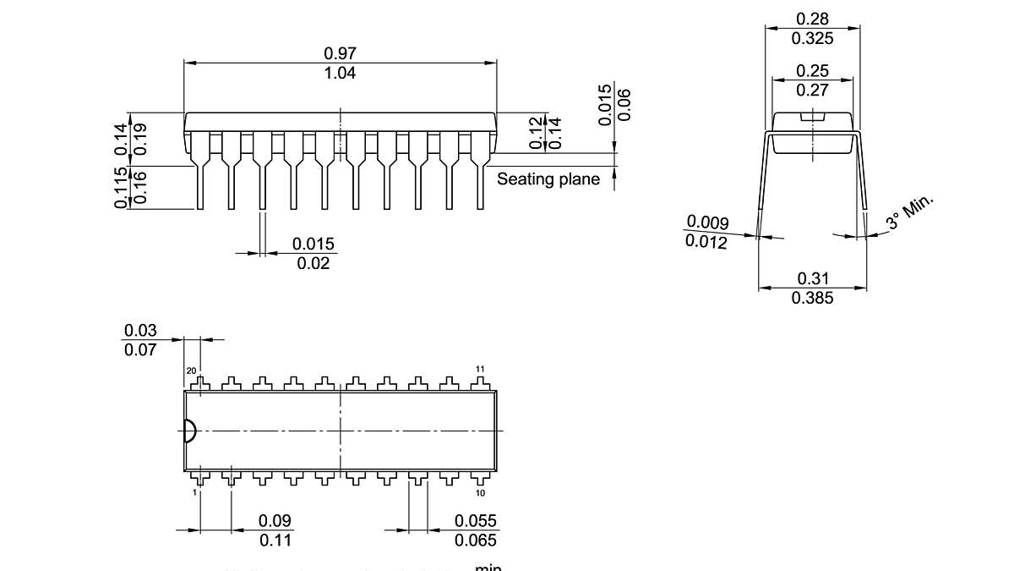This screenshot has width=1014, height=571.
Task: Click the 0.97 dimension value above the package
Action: pos(340,53)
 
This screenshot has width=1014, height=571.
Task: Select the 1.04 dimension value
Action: pos(340,74)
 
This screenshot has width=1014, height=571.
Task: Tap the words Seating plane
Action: pos(548,179)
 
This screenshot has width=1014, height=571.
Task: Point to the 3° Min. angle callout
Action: pos(910,212)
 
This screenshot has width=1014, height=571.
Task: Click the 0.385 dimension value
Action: pos(812,298)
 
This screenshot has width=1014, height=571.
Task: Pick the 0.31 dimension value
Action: pos(812,278)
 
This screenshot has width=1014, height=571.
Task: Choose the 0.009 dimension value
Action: pos(707,222)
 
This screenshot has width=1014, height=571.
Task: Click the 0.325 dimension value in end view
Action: pos(812,38)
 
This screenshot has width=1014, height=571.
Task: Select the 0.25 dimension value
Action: pos(812,71)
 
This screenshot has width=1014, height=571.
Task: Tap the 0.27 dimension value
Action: pos(812,91)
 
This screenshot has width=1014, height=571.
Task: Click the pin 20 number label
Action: pos(191,371)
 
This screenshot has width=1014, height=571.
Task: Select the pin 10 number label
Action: pos(480,492)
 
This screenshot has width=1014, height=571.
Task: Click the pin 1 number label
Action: pos(194,492)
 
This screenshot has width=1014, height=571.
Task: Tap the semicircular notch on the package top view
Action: pos(189,431)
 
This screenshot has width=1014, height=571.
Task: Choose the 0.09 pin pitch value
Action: pos(275,521)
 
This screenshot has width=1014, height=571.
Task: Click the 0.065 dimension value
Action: pos(476,541)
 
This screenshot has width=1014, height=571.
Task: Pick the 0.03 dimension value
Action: pos(140,330)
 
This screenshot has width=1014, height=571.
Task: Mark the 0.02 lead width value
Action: pos(313,264)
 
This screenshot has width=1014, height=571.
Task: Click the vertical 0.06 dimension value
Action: pos(624,105)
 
